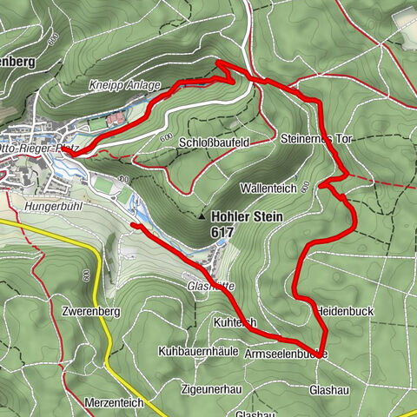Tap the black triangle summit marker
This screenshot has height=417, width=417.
[x=202, y=217]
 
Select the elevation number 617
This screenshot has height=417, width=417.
[x=221, y=233]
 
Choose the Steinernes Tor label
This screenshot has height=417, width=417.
[x=315, y=139]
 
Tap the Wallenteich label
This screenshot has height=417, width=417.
[x=275, y=188]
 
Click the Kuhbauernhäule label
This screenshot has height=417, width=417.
[x=198, y=352]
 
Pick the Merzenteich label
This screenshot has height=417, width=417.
[x=114, y=403]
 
